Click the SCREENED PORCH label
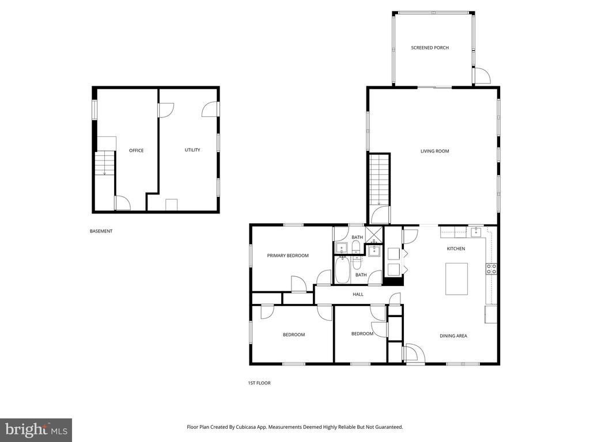coord(430,48)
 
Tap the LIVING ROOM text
coord(434,151)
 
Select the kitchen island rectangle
coord(456,279)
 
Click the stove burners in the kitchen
coord(491,269)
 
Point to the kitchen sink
coord(476,232)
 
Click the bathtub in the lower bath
coord(342,271)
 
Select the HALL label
coord(358,295)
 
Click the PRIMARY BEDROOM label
coord(288,256)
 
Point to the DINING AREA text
coord(453,336)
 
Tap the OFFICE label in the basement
coord(136,151)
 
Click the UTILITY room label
coord(192,150)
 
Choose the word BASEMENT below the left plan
coord(101,231)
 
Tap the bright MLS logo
coord(36,429)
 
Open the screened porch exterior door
coord(481,75)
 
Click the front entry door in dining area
coord(412,353)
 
